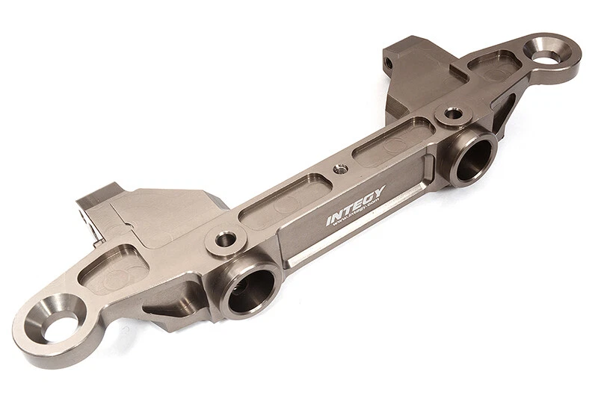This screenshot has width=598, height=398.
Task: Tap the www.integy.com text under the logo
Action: coord(358,219)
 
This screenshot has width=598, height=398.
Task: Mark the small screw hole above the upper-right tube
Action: coord(453,114)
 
